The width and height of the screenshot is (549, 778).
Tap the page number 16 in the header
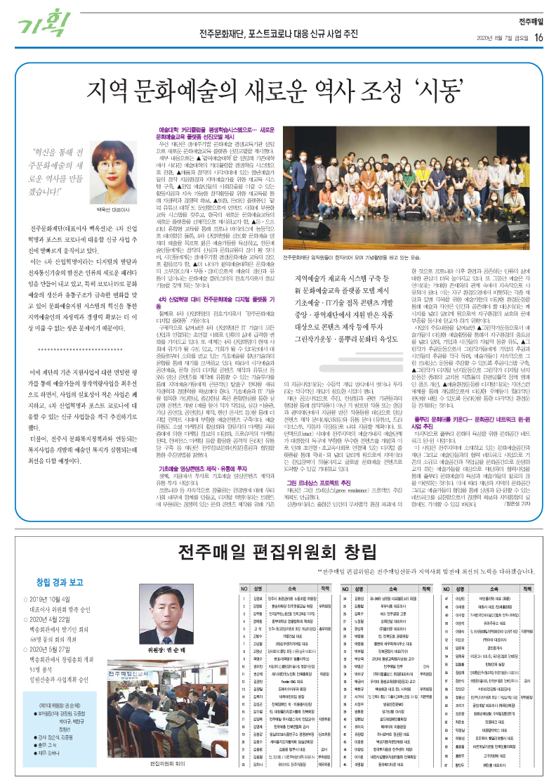coord(537,37)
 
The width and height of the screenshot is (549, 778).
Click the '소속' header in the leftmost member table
coord(284,588)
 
